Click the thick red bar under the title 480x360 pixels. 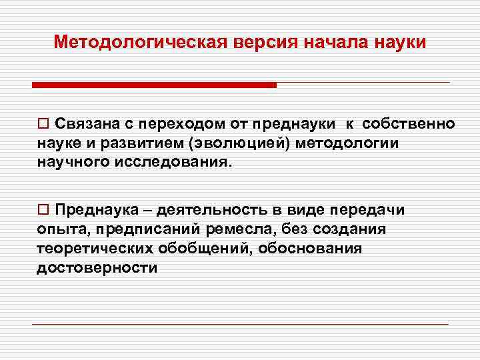(x=154, y=85)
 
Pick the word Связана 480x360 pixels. (x=82, y=124)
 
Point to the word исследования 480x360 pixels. (x=168, y=163)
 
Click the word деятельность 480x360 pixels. (x=211, y=210)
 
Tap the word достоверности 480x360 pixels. (x=98, y=268)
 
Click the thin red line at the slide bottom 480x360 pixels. (x=240, y=324)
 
